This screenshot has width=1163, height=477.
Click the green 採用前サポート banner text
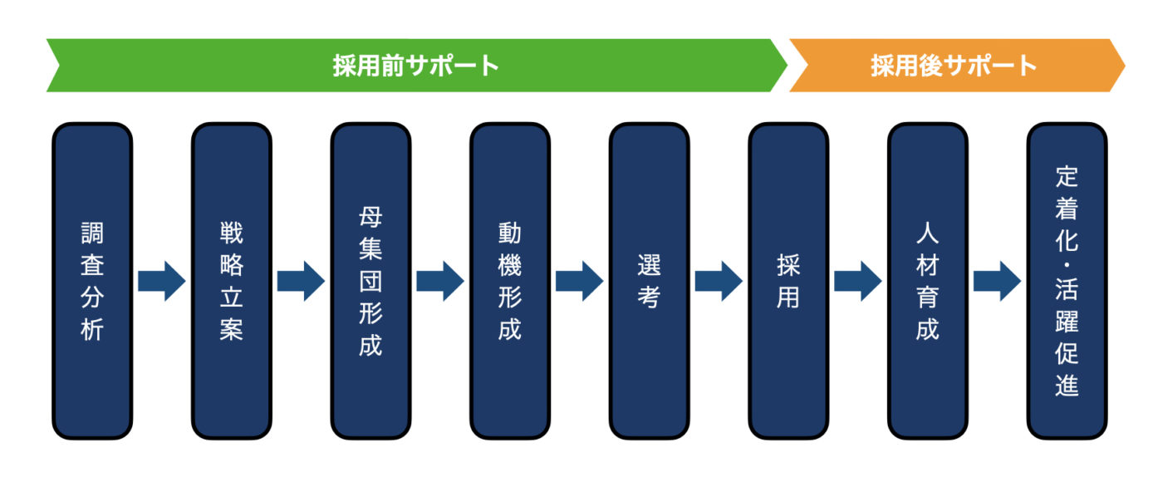pyautogui.click(x=416, y=66)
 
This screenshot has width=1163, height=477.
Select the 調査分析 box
pyautogui.click(x=92, y=281)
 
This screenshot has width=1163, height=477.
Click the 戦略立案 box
pyautogui.click(x=231, y=281)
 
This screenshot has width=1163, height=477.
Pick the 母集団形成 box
pyautogui.click(x=370, y=281)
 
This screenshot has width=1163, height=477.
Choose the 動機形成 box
pyautogui.click(x=509, y=281)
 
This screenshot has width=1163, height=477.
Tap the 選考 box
pyautogui.click(x=649, y=281)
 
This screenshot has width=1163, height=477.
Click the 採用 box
pyautogui.click(x=788, y=281)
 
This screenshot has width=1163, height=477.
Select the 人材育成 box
pyautogui.click(x=927, y=281)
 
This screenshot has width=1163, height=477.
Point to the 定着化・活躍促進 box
pyautogui.click(x=1067, y=281)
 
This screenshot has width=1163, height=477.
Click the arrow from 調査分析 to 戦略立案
pyautogui.click(x=161, y=281)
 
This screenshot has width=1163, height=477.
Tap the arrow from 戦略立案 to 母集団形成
pyautogui.click(x=301, y=281)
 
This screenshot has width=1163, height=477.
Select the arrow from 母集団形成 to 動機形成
pyautogui.click(x=439, y=281)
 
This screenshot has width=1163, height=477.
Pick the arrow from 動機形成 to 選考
pyautogui.click(x=579, y=281)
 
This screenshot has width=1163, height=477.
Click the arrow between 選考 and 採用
pyautogui.click(x=719, y=281)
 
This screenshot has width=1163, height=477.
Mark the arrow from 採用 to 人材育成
pyautogui.click(x=857, y=281)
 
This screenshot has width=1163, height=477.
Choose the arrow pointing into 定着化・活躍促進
pyautogui.click(x=997, y=281)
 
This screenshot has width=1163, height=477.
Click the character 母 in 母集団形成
pyautogui.click(x=370, y=218)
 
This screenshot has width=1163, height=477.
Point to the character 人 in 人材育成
pyautogui.click(x=927, y=234)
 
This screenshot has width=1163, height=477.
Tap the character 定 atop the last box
pyautogui.click(x=1067, y=175)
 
